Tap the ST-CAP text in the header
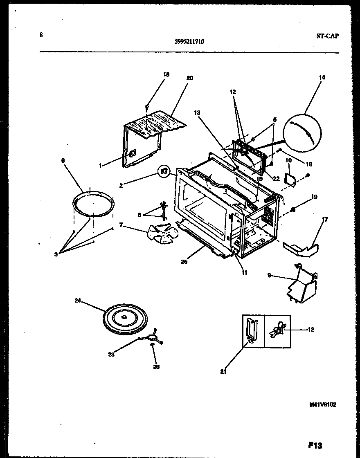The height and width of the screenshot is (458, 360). coord(327,36)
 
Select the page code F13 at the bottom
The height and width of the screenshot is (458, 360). coord(314,445)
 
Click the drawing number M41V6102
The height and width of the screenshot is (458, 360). coord(323,404)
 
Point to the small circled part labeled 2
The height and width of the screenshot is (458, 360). coord(164,171)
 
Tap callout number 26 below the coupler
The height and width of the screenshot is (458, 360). coord(156,367)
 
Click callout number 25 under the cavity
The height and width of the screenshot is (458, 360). coord(184,262)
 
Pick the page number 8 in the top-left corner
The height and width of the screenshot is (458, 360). coord(41,35)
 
